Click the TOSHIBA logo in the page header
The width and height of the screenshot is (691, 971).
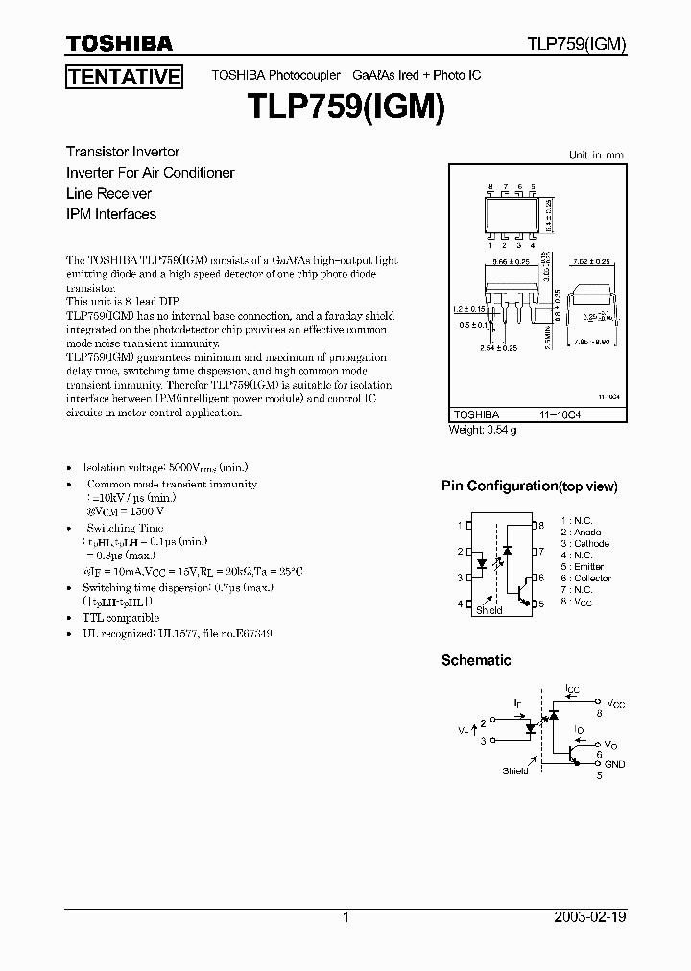119,43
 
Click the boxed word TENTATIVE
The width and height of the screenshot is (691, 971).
124,77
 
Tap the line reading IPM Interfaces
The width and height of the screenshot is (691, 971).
110,214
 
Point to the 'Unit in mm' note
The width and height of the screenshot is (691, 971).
596,154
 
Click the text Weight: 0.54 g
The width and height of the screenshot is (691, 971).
483,430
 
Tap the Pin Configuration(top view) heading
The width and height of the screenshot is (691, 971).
529,486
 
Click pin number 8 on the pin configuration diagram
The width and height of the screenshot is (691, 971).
541,525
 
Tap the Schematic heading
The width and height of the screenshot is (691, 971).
475,660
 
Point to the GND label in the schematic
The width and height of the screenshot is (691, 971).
614,764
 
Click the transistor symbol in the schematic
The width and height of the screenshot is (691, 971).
573,752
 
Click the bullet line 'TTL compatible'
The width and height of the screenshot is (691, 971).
121,618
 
